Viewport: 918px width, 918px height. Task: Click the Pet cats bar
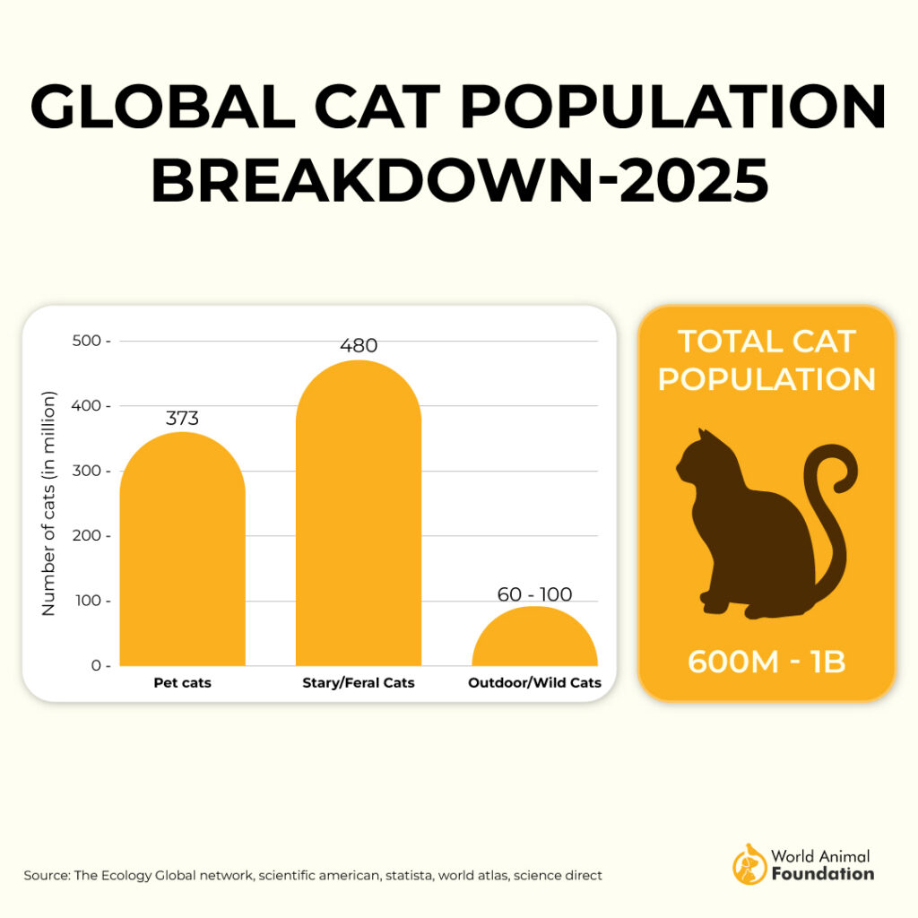point(182,556)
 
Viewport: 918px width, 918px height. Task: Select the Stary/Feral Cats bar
point(358,520)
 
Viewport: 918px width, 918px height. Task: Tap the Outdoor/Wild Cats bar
point(534,640)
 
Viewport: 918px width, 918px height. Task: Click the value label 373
point(182,419)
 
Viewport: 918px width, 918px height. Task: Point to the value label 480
point(358,345)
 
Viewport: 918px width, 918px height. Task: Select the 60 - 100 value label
point(534,594)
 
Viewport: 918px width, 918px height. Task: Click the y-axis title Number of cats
point(48,503)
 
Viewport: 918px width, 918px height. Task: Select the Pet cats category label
point(182,683)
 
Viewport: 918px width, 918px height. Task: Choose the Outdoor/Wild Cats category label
point(534,683)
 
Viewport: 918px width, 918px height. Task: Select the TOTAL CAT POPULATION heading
point(766,359)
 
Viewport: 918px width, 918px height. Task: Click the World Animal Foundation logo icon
point(749,864)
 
